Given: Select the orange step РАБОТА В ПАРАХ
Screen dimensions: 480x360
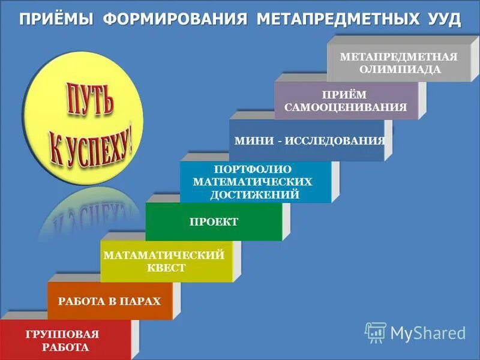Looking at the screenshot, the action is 109,301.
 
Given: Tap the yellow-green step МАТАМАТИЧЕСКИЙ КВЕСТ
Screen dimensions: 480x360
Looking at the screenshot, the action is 165,262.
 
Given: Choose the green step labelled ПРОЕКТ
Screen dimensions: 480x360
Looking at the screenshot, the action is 214,222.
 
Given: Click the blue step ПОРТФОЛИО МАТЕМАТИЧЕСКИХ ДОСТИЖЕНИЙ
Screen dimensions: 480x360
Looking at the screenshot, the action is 254,182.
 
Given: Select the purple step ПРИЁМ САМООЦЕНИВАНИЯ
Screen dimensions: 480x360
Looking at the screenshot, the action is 346,101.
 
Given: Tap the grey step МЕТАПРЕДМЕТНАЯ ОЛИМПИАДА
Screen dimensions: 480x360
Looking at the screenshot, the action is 398,62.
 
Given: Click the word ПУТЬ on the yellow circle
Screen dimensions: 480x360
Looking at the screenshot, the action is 85,103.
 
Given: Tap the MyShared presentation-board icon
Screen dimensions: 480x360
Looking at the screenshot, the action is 376,332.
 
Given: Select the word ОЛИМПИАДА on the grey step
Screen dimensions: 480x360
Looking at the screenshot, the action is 399,69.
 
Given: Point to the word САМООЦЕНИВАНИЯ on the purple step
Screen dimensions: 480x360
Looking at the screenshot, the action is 346,107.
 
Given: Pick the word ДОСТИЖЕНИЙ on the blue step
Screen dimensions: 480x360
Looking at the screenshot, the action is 254,194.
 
